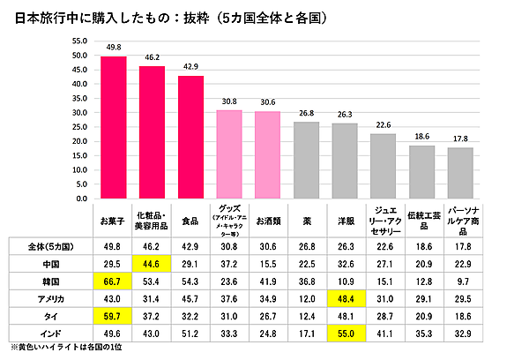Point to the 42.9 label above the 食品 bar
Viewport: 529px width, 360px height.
coord(190,67)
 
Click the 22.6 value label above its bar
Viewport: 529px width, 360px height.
coord(383,124)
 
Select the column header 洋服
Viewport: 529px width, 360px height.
coord(345,220)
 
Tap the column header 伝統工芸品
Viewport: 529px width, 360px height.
coord(421,220)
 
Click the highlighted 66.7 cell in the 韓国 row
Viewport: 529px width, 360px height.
coord(113,280)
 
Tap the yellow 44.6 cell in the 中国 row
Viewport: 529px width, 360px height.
coord(152,262)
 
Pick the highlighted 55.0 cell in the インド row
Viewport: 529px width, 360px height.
coord(345,333)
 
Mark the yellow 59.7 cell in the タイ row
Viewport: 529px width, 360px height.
coord(113,315)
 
